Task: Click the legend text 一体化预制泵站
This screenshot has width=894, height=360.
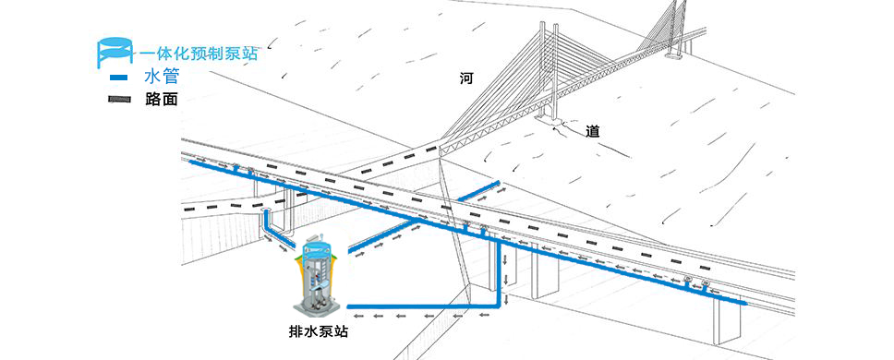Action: (x=198, y=53)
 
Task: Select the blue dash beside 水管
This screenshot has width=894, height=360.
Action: (x=118, y=78)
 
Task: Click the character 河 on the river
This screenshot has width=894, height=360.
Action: (x=466, y=78)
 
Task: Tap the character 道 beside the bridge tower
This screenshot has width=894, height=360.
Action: (x=593, y=132)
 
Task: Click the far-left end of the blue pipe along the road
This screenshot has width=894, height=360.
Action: (x=192, y=162)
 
